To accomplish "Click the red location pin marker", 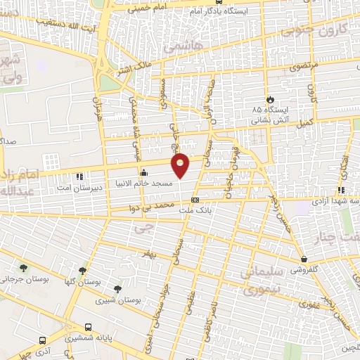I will coord(181,164).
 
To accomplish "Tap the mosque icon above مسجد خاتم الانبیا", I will coord(143,172).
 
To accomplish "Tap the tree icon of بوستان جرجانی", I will coord(25,268).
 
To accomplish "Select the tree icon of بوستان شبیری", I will coord(117,289).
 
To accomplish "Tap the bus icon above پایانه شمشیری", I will coord(88,327).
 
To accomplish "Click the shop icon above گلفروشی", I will coord(302,259).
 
